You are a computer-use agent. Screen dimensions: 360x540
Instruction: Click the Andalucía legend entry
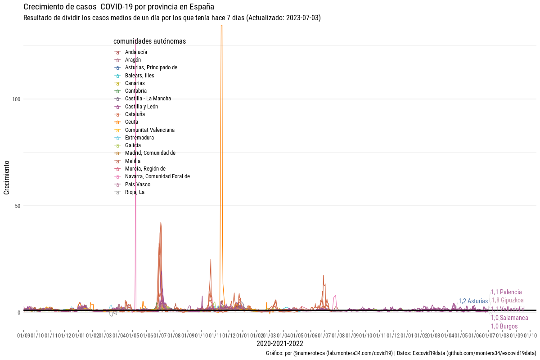(x=136, y=52)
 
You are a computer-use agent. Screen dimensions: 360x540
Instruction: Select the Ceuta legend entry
(x=131, y=122)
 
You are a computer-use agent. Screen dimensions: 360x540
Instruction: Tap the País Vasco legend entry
(x=138, y=184)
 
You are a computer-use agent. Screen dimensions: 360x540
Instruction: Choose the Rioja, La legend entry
(x=135, y=192)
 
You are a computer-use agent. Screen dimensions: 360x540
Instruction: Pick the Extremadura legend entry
(x=139, y=138)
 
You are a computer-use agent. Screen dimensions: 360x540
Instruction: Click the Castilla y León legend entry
(x=141, y=107)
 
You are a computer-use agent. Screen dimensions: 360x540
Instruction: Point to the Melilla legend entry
(x=132, y=161)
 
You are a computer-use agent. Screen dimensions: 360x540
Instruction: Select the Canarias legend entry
(x=135, y=83)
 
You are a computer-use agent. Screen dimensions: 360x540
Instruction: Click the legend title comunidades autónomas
(x=149, y=41)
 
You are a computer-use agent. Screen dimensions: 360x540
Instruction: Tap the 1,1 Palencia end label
(x=506, y=292)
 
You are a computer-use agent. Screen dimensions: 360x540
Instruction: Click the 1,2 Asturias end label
(x=473, y=301)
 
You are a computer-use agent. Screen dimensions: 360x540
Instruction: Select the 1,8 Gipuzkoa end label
(x=508, y=300)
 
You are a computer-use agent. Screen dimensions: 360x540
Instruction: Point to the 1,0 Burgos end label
(x=504, y=326)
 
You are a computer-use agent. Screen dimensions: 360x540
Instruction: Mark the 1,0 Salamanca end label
(x=509, y=318)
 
